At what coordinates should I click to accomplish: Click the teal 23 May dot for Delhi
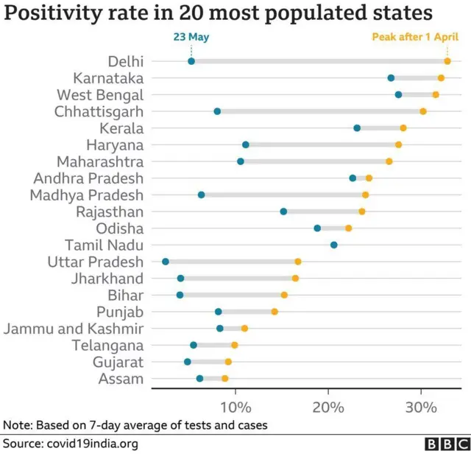191,61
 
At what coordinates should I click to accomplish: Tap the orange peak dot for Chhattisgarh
423,111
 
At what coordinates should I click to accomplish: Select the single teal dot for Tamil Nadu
334,245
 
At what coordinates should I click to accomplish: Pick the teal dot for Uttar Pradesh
166,262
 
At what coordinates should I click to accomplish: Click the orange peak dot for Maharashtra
389,161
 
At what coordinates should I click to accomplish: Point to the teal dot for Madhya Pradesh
201,195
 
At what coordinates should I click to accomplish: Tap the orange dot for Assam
225,379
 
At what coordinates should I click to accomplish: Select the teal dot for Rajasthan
283,212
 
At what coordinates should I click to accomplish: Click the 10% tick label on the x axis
235,407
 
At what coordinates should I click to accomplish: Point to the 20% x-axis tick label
328,407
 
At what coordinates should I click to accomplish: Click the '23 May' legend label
191,36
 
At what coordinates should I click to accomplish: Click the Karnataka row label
108,78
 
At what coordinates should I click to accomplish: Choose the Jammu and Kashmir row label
74,329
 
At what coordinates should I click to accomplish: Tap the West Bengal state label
100,95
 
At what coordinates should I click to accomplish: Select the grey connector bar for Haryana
322,145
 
